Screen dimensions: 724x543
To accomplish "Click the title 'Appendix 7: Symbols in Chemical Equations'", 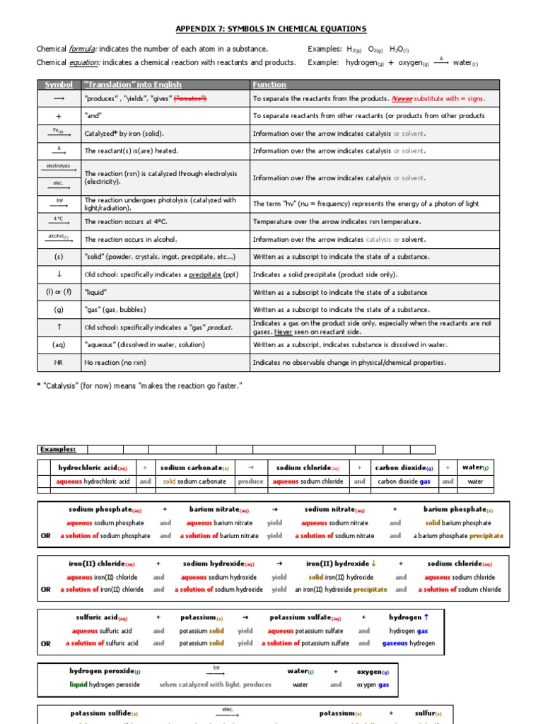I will (x=271, y=29).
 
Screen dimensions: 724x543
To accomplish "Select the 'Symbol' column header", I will (x=59, y=85).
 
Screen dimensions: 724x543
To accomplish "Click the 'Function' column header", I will (x=269, y=85).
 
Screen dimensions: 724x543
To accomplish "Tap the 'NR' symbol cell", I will (x=59, y=363).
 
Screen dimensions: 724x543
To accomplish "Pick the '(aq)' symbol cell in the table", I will (x=59, y=345).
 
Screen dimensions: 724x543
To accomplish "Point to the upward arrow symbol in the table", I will (x=59, y=327).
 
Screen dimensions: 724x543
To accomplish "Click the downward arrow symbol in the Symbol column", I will (x=59, y=274).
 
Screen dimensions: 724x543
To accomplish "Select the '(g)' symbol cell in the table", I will (x=59, y=310).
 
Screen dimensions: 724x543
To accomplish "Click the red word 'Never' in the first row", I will (x=402, y=99).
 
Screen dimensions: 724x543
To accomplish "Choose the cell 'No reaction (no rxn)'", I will (x=115, y=363).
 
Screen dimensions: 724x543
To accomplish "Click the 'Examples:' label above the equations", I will (x=58, y=449).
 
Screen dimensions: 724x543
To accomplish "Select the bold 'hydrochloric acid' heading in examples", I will (x=88, y=467).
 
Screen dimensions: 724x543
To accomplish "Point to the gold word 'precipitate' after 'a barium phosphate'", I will (x=486, y=536).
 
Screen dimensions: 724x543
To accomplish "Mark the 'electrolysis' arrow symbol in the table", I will (x=59, y=168).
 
